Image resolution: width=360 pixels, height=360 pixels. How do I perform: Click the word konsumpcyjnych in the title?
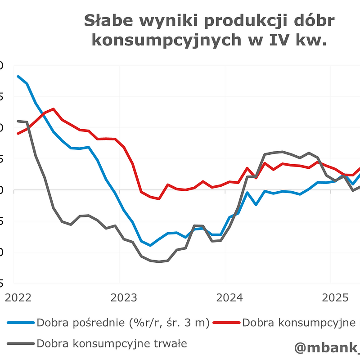171,40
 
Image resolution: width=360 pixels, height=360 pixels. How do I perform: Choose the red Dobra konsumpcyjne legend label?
298,323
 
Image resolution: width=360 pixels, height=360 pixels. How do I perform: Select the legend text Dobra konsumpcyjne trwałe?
112,343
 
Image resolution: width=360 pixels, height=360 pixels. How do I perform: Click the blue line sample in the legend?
21,323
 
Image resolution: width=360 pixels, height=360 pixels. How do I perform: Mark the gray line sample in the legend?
21,343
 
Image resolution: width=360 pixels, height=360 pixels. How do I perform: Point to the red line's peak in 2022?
53,109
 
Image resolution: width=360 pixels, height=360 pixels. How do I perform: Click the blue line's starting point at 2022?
18,76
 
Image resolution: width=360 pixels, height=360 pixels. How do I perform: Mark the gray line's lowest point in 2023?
159,262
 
